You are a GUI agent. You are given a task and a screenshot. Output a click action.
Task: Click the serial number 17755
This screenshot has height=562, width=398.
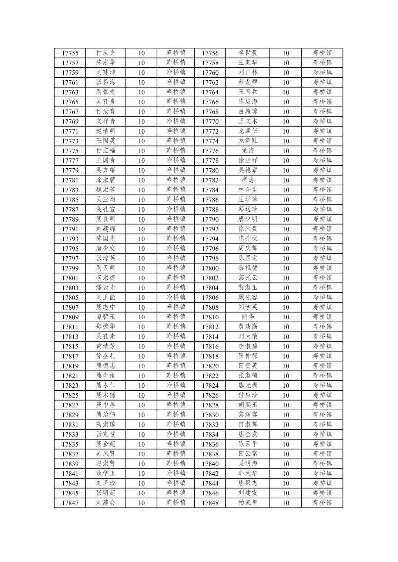click(70, 53)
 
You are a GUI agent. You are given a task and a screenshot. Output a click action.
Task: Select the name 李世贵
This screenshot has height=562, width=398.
click(248, 53)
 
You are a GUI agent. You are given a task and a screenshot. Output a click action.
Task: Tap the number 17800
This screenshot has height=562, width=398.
click(210, 268)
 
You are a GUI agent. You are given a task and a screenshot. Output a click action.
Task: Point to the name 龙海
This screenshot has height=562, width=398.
click(248, 151)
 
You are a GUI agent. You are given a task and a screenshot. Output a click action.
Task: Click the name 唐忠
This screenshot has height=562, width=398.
click(248, 180)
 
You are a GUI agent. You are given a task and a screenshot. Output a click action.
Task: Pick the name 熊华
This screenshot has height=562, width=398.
click(248, 317)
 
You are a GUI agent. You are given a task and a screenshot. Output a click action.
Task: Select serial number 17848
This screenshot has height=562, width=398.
click(210, 503)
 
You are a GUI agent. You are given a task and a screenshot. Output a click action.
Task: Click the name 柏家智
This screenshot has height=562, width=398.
click(248, 503)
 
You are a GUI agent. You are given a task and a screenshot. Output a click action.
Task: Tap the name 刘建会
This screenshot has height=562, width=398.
click(106, 503)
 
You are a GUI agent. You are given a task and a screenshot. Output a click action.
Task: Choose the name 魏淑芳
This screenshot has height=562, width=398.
click(106, 190)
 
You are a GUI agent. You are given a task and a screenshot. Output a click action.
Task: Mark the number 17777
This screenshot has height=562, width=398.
click(70, 161)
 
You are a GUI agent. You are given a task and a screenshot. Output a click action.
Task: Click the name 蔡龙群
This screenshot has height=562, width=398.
click(248, 82)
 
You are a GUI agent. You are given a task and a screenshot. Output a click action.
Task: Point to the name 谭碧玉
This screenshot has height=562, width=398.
click(106, 317)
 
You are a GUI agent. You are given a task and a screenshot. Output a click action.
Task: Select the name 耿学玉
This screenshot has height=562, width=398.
click(106, 474)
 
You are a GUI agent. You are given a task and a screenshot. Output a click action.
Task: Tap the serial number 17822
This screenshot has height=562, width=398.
click(210, 376)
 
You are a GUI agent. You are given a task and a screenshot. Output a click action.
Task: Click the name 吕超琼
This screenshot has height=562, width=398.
click(248, 112)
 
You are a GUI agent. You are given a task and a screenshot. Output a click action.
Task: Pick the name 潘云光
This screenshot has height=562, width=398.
click(106, 288)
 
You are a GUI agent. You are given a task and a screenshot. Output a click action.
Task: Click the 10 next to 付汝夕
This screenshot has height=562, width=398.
click(141, 53)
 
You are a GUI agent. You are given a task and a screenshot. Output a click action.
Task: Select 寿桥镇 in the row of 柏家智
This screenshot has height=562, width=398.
click(322, 503)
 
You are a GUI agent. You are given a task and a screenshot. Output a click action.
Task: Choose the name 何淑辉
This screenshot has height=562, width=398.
click(248, 425)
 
